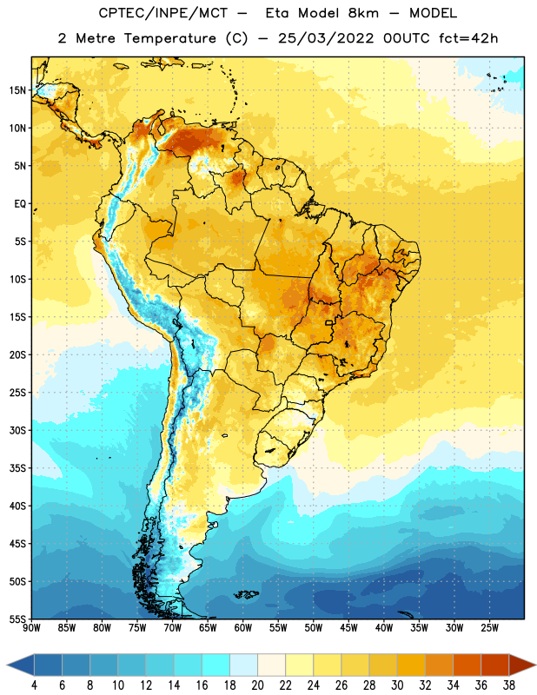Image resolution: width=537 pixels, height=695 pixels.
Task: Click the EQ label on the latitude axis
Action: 20,204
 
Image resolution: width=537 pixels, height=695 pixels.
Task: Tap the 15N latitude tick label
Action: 17,90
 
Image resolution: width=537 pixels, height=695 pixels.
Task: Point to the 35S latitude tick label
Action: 17,468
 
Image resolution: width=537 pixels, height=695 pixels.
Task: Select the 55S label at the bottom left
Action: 17,619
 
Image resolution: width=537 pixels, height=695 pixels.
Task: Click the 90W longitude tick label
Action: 31,628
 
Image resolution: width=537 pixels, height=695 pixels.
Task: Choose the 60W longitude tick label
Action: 243,628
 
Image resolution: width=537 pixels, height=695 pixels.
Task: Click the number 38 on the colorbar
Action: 508,685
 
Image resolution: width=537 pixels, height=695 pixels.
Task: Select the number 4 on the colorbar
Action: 34,685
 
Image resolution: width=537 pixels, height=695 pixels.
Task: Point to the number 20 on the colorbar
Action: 257,685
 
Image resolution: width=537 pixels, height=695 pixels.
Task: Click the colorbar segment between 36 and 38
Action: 495,665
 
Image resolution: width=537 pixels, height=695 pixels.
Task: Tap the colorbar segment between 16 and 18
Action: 216,665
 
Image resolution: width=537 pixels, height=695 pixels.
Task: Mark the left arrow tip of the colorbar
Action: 7,665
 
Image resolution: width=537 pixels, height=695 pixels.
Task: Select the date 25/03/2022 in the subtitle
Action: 326,38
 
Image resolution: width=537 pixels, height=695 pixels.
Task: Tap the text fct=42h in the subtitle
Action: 468,38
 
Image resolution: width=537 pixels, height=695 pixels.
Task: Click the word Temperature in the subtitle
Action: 169,38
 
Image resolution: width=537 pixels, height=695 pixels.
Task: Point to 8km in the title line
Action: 363,13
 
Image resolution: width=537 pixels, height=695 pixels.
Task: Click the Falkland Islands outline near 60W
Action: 246,594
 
